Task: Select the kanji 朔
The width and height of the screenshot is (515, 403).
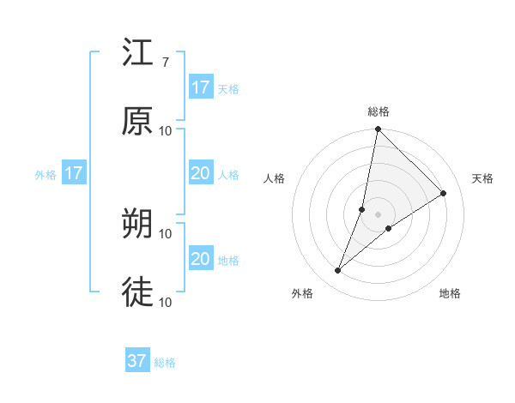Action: (x=138, y=224)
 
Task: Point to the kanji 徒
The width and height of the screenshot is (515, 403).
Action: (x=138, y=292)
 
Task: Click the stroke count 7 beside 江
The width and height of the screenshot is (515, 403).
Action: (x=165, y=62)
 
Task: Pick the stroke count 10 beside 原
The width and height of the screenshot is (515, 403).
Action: (x=166, y=130)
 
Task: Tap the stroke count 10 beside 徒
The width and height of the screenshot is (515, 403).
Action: (x=166, y=302)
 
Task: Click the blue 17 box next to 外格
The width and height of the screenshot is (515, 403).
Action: (x=74, y=174)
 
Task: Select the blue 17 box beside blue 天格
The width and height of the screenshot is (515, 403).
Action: (x=201, y=87)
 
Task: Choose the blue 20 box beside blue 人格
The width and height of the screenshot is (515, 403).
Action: (x=201, y=174)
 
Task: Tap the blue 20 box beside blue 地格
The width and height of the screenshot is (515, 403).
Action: (x=201, y=259)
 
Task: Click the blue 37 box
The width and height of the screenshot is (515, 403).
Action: (x=137, y=361)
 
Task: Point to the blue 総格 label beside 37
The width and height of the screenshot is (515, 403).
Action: (x=165, y=363)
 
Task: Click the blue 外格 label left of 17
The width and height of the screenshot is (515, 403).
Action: (x=45, y=175)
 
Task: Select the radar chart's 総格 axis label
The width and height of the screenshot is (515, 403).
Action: (x=379, y=111)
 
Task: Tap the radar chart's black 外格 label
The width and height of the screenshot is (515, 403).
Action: (x=302, y=293)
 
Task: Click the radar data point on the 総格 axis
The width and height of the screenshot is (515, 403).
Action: (x=378, y=129)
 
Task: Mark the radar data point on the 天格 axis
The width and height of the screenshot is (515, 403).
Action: (x=444, y=193)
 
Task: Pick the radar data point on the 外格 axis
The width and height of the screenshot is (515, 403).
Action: (x=338, y=271)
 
